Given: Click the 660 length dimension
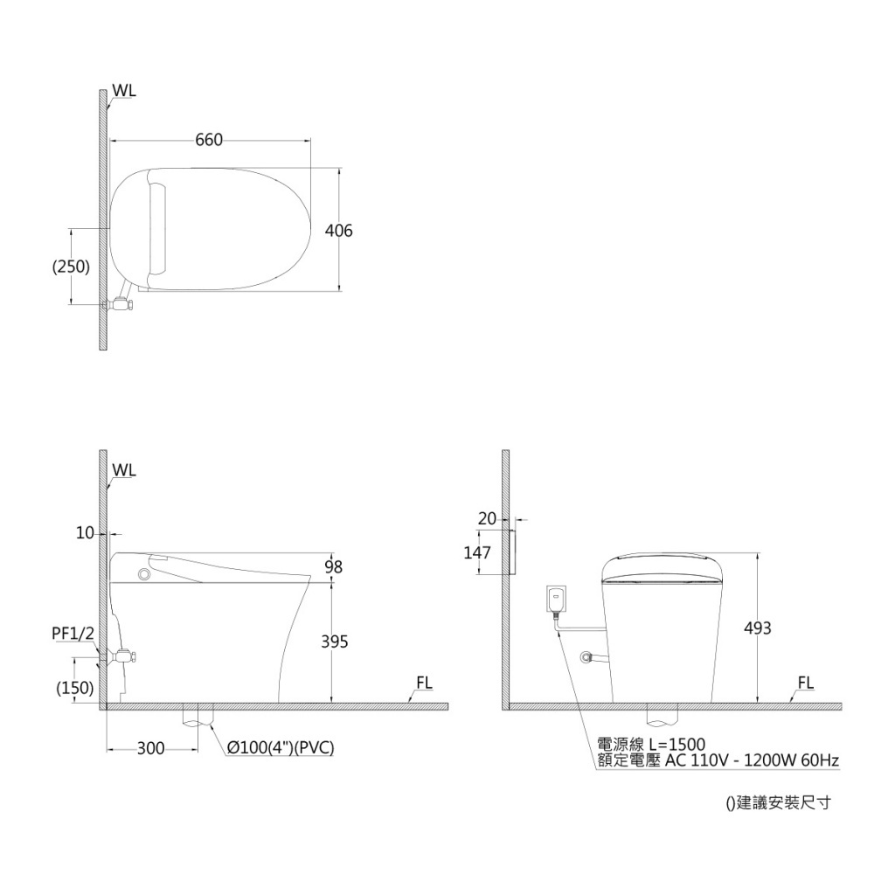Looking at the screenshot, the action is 209,140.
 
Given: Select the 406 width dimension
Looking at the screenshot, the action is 338,231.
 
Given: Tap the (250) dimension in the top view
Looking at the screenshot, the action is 72,267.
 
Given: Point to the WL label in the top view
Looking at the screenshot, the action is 124,91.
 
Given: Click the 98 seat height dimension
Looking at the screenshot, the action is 333,566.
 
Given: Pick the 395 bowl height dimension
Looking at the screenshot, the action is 335,642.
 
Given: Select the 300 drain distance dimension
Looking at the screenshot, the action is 150,748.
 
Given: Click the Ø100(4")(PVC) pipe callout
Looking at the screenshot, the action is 281,748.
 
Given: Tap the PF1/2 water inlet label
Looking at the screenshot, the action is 73,633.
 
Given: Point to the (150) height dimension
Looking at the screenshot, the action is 75,688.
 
